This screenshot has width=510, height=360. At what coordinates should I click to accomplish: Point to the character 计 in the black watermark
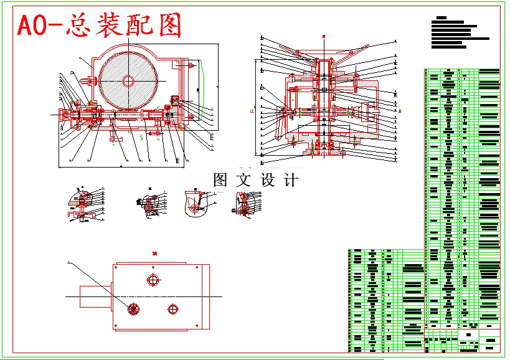291,181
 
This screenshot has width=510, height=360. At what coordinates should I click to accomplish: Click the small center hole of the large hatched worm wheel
128,80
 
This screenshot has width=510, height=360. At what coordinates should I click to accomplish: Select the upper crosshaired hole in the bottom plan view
153,280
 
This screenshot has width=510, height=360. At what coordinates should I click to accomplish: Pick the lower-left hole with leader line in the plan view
133,308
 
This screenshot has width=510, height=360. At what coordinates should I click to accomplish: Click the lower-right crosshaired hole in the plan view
172,309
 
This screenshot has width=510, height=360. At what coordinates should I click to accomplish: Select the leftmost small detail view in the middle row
84,204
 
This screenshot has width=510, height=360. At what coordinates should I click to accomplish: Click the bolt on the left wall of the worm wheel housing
92,80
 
